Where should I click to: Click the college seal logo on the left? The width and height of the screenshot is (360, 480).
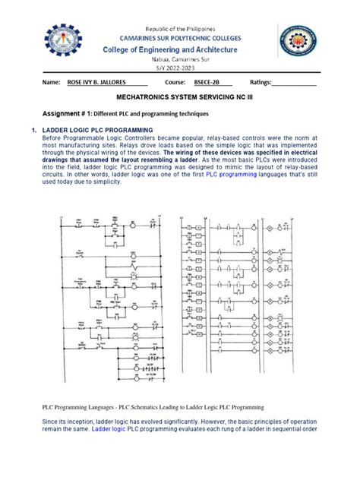pyautogui.click(x=66, y=43)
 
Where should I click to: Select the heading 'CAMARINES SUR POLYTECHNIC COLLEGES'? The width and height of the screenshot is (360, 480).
pyautogui.click(x=179, y=37)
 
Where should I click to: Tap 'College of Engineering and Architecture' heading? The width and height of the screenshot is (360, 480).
pyautogui.click(x=179, y=49)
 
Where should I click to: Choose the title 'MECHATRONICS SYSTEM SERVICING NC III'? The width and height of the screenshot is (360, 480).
pyautogui.click(x=179, y=99)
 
